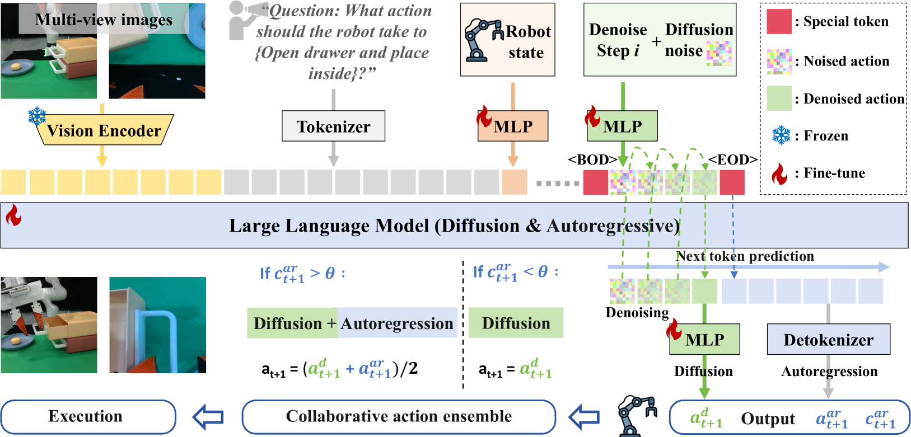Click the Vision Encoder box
104,130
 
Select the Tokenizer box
333,126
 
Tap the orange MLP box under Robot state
513,127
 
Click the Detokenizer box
828,340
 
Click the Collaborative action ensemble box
399,417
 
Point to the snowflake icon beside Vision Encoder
38,116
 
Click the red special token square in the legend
779,22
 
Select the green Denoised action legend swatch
779,98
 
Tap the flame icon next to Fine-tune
779,173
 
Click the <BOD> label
592,160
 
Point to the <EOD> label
732,160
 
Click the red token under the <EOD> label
732,182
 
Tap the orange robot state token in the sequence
514,182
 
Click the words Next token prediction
745,256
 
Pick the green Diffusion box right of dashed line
516,323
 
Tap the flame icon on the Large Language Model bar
13,215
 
